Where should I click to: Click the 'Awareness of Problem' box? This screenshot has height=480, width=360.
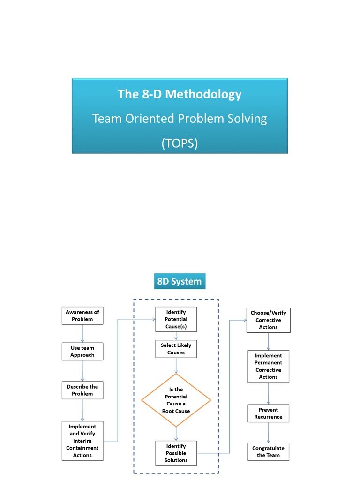[82, 315]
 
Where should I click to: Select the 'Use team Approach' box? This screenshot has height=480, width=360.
[82, 352]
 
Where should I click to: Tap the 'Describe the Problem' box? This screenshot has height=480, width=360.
[82, 390]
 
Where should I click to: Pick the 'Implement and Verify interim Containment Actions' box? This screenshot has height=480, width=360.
[82, 441]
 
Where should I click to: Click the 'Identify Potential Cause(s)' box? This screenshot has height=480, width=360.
[176, 319]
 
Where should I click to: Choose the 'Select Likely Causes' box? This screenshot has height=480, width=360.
[176, 349]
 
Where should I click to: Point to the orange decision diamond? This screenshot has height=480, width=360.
[176, 400]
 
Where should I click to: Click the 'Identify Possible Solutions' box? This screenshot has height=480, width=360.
[176, 453]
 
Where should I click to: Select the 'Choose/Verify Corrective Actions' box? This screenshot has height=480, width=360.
[269, 320]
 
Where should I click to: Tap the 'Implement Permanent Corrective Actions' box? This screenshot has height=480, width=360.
[269, 366]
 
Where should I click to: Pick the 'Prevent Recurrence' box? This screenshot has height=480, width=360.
[269, 413]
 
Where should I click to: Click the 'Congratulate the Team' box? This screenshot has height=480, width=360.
[269, 451]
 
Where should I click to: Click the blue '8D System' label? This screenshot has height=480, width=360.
[180, 282]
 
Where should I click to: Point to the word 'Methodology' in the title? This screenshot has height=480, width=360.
[203, 94]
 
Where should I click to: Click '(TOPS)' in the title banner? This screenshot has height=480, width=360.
[180, 143]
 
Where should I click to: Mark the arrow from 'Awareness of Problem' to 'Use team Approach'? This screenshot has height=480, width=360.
[82, 333]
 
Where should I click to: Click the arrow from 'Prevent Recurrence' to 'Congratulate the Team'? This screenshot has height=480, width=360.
[269, 433]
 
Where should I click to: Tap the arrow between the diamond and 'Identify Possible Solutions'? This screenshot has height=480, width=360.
[176, 434]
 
